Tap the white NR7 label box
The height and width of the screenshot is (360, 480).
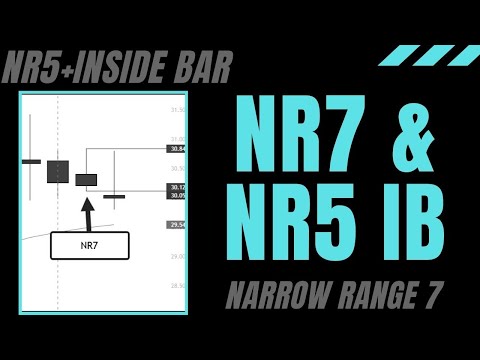[89, 244]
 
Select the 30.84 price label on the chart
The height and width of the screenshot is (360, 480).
[178, 148]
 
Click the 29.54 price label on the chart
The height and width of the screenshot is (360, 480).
[178, 226]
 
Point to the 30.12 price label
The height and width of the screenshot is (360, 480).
[178, 187]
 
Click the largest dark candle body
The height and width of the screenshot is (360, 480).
[58, 170]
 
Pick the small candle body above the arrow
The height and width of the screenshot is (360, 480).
[86, 180]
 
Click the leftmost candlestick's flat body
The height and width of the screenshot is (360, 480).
[31, 160]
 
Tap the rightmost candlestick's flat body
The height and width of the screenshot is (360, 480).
[114, 197]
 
